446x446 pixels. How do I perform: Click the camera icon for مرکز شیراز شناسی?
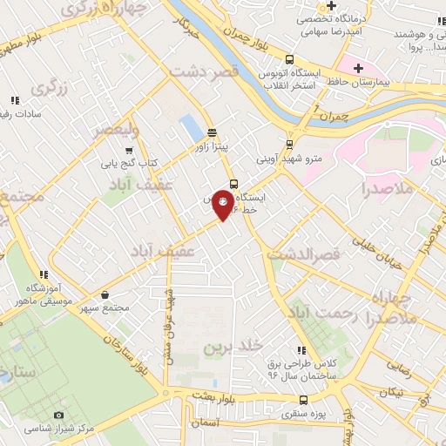coord(58,416)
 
